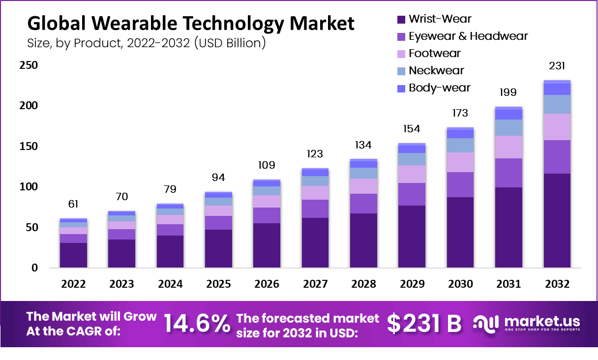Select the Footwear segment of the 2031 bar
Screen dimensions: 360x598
[x=508, y=147]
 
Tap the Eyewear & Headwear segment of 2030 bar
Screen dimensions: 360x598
[x=460, y=184]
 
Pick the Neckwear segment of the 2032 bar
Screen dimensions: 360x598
[x=557, y=104]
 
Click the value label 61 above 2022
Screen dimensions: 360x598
[x=73, y=204]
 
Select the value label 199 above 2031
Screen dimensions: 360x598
[x=508, y=92]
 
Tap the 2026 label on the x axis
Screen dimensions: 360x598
[x=267, y=284]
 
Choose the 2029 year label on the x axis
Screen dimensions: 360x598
[x=412, y=284]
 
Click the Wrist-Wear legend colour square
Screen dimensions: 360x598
[x=401, y=20]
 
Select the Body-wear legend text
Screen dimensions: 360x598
[x=439, y=88]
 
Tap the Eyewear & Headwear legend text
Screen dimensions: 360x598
[x=468, y=36]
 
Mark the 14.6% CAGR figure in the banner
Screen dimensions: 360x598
[x=197, y=323]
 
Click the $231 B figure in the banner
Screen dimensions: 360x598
[x=424, y=323]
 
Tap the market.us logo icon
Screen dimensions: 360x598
[x=486, y=323]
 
